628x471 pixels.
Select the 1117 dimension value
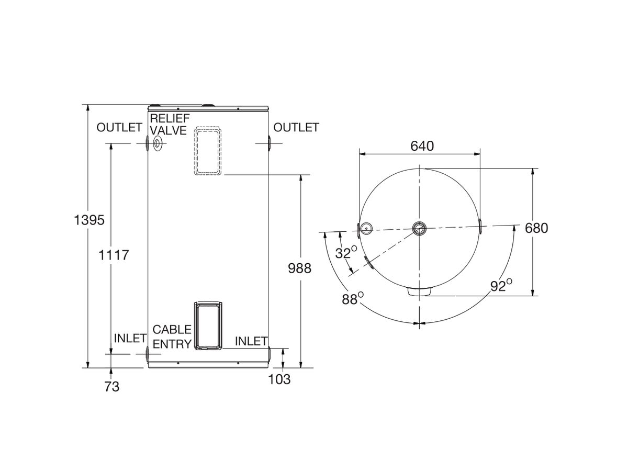coord(114,255)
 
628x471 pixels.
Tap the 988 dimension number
coord(299,268)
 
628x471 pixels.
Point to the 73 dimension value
coord(111,387)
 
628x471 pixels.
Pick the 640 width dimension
coord(422,146)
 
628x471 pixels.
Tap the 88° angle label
coord(353,299)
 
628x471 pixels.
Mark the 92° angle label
coord(501,286)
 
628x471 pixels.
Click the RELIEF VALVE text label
coord(169,124)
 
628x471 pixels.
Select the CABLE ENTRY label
coord(172,337)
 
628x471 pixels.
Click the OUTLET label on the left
coord(119,127)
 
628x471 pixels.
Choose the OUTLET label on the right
coord(296,127)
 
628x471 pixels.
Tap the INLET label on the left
coord(130,339)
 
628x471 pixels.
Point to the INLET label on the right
coord(251,341)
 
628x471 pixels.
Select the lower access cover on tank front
coord(208,326)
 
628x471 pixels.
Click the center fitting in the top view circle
coord(419,228)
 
